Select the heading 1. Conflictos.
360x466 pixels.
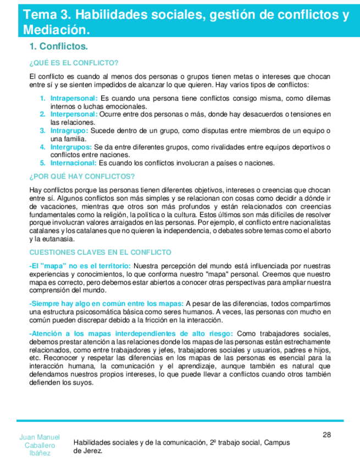59,47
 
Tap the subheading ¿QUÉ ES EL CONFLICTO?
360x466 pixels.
74,63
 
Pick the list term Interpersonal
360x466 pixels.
74,114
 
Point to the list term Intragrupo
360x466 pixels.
69,131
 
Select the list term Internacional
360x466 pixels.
74,163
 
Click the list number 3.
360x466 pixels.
42,131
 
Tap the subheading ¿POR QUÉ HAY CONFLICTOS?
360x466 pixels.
81,176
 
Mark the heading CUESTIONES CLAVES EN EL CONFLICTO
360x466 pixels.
100,252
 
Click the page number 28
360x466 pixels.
326,435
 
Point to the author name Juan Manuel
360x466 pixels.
40,437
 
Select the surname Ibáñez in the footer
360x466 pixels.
40,453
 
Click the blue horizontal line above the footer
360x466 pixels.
180,421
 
